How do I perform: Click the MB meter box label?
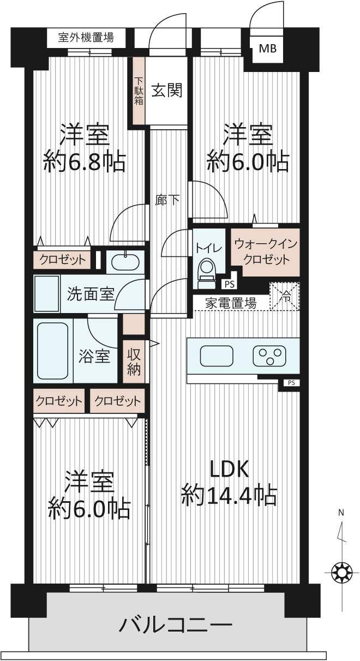268,48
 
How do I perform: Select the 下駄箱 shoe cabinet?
139,91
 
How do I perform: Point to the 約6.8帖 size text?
85,163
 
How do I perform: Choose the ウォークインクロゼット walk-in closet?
265,253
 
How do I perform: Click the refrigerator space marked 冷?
285,296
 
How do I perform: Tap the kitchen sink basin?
217,356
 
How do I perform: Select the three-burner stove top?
269,356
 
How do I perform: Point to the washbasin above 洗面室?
125,262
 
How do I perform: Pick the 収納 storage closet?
134,362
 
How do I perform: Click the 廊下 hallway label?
167,200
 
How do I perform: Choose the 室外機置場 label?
86,38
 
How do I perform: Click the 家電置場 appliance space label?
231,303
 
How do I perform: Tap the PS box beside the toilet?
229,284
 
